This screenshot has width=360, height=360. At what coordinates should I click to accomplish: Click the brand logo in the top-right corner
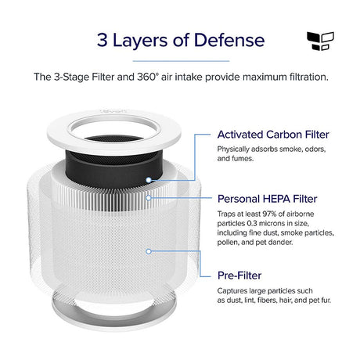pyautogui.click(x=320, y=41)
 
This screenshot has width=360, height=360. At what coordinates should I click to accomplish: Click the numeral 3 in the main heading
pyautogui.click(x=103, y=40)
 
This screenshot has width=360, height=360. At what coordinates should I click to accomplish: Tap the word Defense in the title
pyautogui.click(x=229, y=40)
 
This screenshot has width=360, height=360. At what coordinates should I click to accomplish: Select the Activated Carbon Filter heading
pyautogui.click(x=273, y=135)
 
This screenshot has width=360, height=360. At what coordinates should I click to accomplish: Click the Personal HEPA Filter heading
pyautogui.click(x=268, y=199)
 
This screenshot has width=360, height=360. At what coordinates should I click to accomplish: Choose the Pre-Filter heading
pyautogui.click(x=239, y=275)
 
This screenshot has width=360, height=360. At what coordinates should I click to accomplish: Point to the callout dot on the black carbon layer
pyautogui.click(x=149, y=180)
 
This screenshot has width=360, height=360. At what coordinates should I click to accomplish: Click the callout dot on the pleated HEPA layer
pyautogui.click(x=149, y=198)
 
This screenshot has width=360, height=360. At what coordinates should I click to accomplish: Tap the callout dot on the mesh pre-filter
pyautogui.click(x=149, y=251)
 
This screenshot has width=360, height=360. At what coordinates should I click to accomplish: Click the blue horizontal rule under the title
pyautogui.click(x=182, y=61)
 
